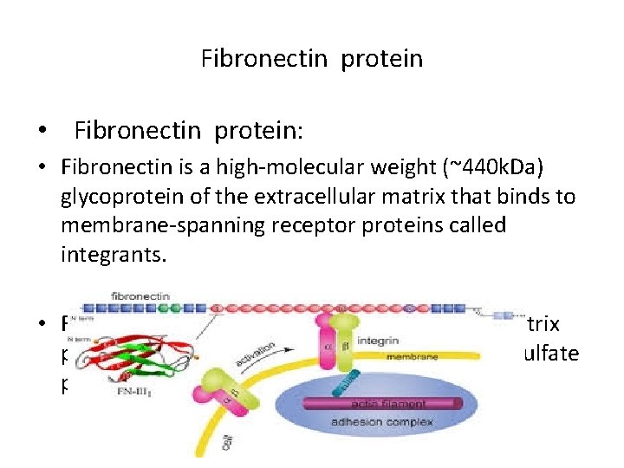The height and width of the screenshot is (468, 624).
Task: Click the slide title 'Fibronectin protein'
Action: tap(312, 59)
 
